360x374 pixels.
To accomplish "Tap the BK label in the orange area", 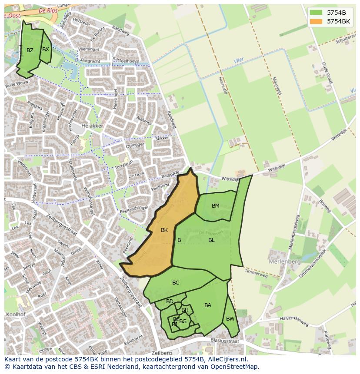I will click(x=164, y=230).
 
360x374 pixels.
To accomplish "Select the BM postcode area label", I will click(x=215, y=206).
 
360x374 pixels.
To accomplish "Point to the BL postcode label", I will click(x=211, y=240).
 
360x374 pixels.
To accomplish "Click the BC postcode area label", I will click(x=176, y=283).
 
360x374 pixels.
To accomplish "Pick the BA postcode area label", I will click(x=208, y=305).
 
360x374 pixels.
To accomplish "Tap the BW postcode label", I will click(x=230, y=319).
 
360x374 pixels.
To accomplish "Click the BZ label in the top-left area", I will click(x=30, y=50).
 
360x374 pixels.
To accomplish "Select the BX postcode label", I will click(x=45, y=50).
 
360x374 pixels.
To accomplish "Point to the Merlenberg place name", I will click(x=284, y=262).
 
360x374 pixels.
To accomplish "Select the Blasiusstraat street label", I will click(x=224, y=341).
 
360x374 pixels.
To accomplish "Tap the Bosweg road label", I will click(x=325, y=205).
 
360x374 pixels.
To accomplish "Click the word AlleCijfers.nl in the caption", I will click(x=226, y=359).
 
